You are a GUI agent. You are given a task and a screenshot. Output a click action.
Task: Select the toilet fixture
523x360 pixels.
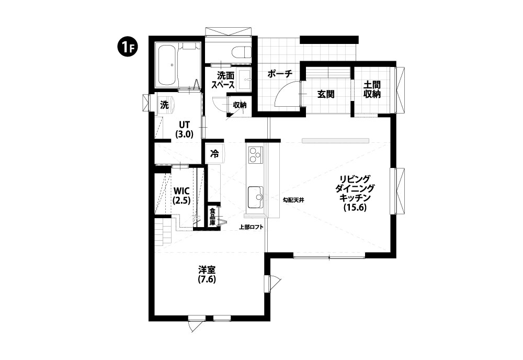[x=242, y=52]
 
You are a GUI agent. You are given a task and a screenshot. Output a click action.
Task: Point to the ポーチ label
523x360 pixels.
[x=280, y=74]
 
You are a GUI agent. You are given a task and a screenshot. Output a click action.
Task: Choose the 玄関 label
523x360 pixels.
[x=325, y=94]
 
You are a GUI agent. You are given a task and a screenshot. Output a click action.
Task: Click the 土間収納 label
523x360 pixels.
[x=372, y=89]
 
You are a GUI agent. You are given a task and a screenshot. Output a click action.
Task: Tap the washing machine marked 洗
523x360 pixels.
[x=165, y=105]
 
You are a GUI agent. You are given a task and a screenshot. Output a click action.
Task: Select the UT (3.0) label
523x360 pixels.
[x=185, y=129]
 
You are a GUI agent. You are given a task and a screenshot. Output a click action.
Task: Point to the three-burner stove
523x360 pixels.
[x=256, y=154]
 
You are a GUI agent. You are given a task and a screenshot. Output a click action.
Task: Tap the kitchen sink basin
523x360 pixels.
[x=256, y=197]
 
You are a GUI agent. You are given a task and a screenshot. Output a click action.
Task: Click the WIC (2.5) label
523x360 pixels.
[x=182, y=196]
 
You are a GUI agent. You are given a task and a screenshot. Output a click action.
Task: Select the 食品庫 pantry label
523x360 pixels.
[x=212, y=217]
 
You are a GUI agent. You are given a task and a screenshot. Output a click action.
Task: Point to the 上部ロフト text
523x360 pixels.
[x=252, y=227]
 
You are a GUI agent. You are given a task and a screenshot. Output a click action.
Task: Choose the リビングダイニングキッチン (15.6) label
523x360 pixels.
[x=355, y=193]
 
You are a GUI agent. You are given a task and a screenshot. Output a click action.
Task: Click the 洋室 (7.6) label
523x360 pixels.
[x=207, y=275]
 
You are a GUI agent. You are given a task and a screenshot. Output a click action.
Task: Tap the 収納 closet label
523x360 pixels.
[x=240, y=105]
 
